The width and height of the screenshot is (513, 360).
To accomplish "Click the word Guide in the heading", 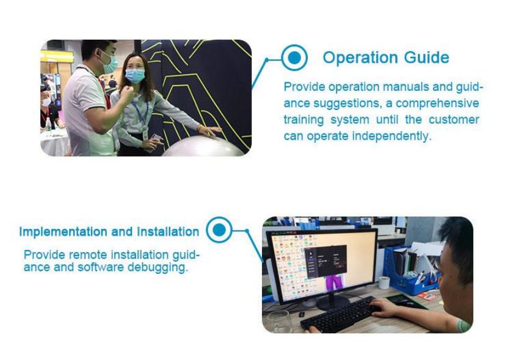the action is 427,57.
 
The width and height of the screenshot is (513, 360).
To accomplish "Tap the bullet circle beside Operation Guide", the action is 294,57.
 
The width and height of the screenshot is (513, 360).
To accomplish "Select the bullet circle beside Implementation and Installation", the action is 219,230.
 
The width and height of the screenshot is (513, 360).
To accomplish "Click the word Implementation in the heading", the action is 63,232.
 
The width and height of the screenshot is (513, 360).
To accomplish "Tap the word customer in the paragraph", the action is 454,120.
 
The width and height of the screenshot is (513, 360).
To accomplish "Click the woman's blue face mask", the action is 135,76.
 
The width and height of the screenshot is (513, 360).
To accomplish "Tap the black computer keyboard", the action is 340,313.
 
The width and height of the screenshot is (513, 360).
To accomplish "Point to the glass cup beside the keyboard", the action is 280,322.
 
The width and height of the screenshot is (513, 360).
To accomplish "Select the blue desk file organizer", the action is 410,271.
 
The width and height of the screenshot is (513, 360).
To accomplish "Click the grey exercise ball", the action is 205,146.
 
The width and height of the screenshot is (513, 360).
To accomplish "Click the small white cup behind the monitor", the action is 384,283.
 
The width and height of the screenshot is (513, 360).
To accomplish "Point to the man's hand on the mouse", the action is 385,306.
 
